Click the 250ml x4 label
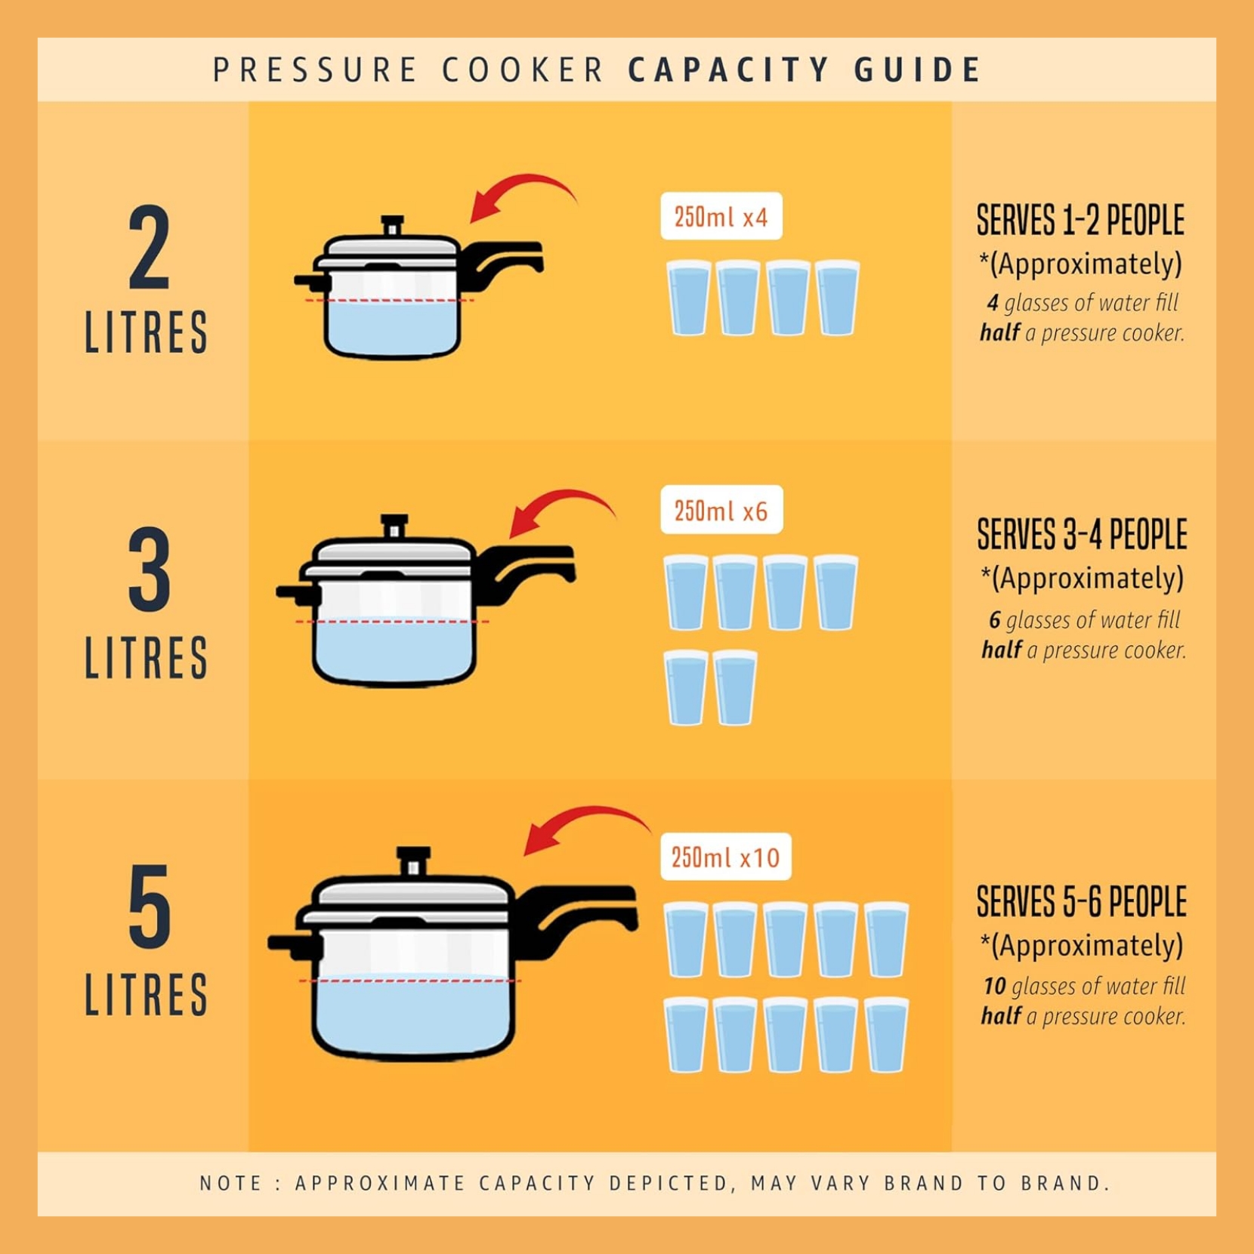pos(721,217)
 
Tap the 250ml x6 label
pos(721,510)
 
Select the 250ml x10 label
pos(726,857)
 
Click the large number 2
pos(150,247)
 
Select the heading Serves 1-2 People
pos(1080,221)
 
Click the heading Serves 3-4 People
pos(1082,535)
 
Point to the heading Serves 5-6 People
pos(1082,902)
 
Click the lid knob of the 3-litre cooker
pos(394,526)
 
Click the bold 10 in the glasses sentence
pos(994,987)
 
